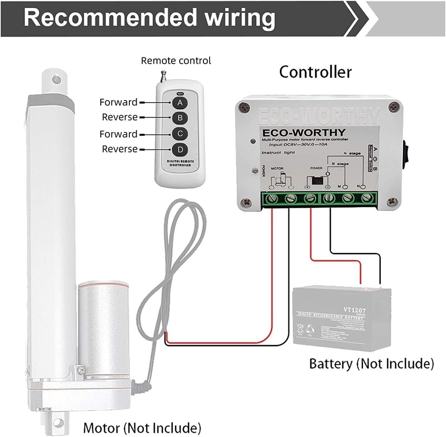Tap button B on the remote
click(x=180, y=118)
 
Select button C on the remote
click(x=180, y=134)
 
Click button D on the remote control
click(x=180, y=149)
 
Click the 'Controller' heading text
click(x=315, y=72)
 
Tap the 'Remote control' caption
click(x=176, y=60)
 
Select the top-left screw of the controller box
click(x=244, y=107)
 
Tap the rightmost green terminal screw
click(x=367, y=198)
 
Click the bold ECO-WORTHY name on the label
click(x=303, y=132)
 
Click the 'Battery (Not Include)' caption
click(x=372, y=363)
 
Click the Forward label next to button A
click(x=118, y=102)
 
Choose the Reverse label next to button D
click(x=120, y=149)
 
